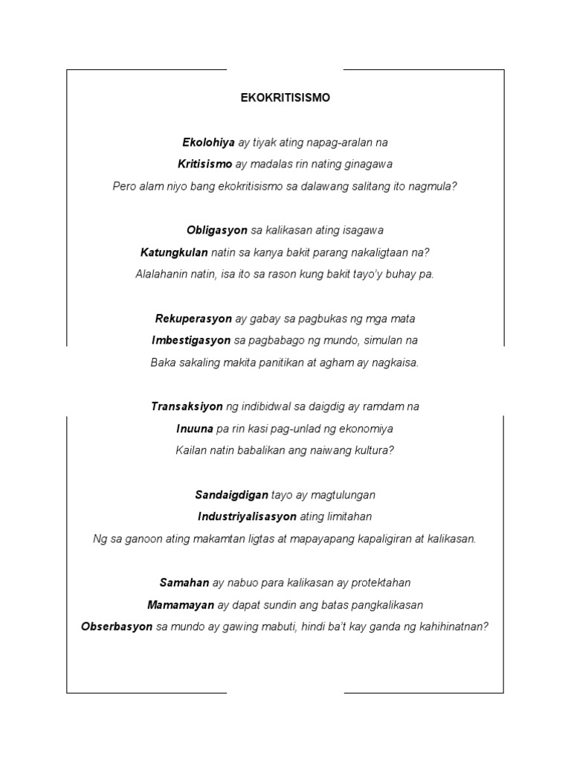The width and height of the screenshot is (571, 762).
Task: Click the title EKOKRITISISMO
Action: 285,97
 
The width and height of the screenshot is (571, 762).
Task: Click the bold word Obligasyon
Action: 217,230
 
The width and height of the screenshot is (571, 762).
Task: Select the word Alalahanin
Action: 162,274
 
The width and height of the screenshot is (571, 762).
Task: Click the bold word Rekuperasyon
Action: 193,318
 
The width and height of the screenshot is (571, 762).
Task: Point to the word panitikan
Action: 278,362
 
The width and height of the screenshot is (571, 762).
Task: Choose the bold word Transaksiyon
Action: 187,406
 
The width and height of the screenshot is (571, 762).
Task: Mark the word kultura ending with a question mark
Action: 370,450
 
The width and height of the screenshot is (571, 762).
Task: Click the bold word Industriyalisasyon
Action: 248,516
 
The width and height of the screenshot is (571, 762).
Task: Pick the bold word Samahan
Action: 184,583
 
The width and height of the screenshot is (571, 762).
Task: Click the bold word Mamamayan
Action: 181,605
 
